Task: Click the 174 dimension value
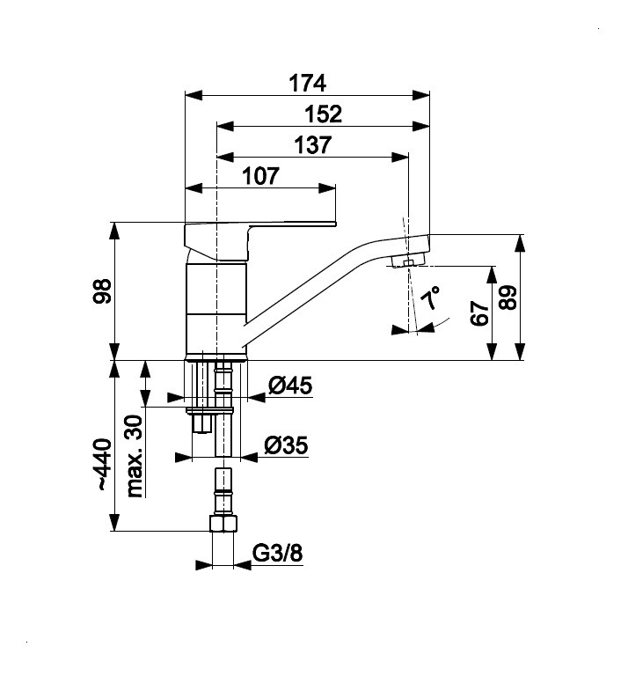coord(307,84)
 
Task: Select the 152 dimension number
coord(323,114)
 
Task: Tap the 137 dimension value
coord(313,145)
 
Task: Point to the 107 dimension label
coord(260,176)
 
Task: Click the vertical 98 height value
coord(103,291)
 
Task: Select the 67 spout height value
coord(479,313)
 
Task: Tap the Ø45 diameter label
coord(290,386)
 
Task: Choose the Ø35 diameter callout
coord(286,445)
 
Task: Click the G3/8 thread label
coord(277,553)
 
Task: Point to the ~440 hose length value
coord(104,465)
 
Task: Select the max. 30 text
coord(134,456)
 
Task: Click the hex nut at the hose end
coord(223,523)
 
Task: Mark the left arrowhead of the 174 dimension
coord(194,95)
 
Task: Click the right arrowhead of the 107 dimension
coord(327,188)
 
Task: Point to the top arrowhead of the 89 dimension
coord(521,243)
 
